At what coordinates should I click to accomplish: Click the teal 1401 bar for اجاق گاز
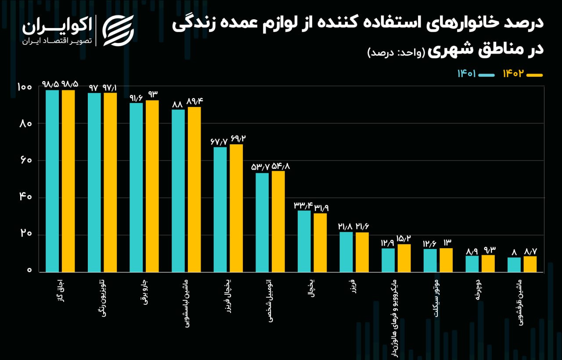(52, 181)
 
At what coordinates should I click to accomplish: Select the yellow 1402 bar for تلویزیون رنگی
(110, 182)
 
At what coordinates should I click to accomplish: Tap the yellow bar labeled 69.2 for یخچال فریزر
(236, 208)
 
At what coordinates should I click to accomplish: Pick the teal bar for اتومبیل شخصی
(262, 222)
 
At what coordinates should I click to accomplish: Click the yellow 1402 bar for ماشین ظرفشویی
(530, 264)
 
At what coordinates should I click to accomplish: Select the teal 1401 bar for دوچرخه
(472, 264)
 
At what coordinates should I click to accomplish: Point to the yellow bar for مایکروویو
(404, 258)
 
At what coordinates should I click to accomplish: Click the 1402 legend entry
(522, 74)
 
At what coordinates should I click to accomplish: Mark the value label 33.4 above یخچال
(303, 205)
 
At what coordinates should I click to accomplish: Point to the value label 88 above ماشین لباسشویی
(177, 104)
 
